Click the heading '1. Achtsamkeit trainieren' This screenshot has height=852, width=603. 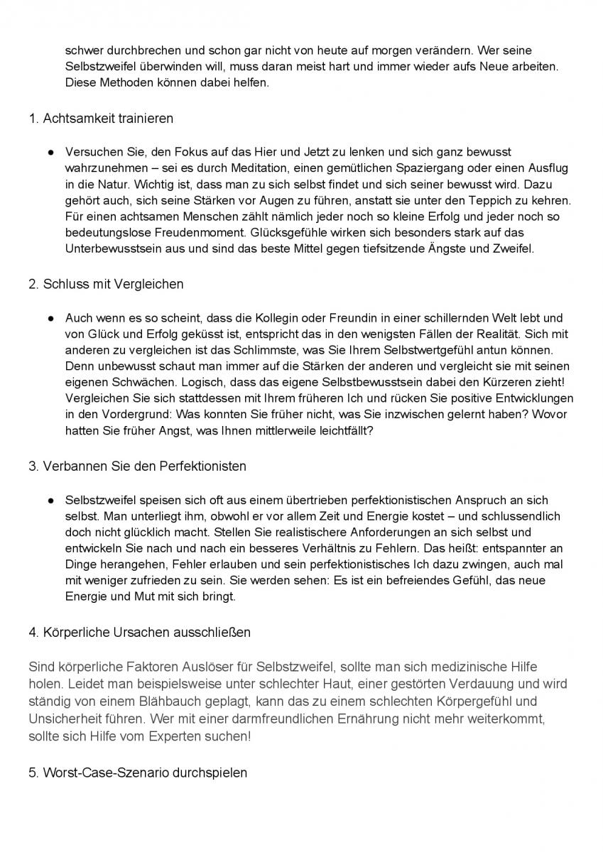(101, 119)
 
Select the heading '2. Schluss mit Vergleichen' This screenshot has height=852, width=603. (106, 284)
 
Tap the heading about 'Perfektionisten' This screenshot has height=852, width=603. (137, 466)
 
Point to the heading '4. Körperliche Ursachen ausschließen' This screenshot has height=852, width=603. (139, 632)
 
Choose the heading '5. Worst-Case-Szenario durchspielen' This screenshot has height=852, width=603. (138, 772)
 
